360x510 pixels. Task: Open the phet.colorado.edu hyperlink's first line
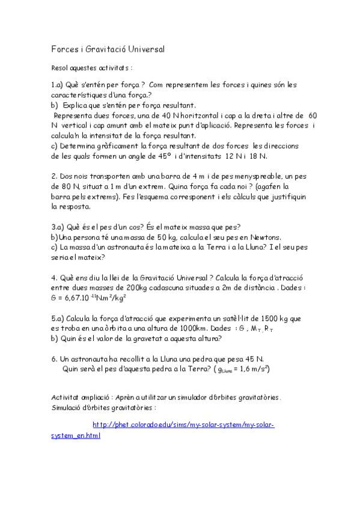point(183,425)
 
